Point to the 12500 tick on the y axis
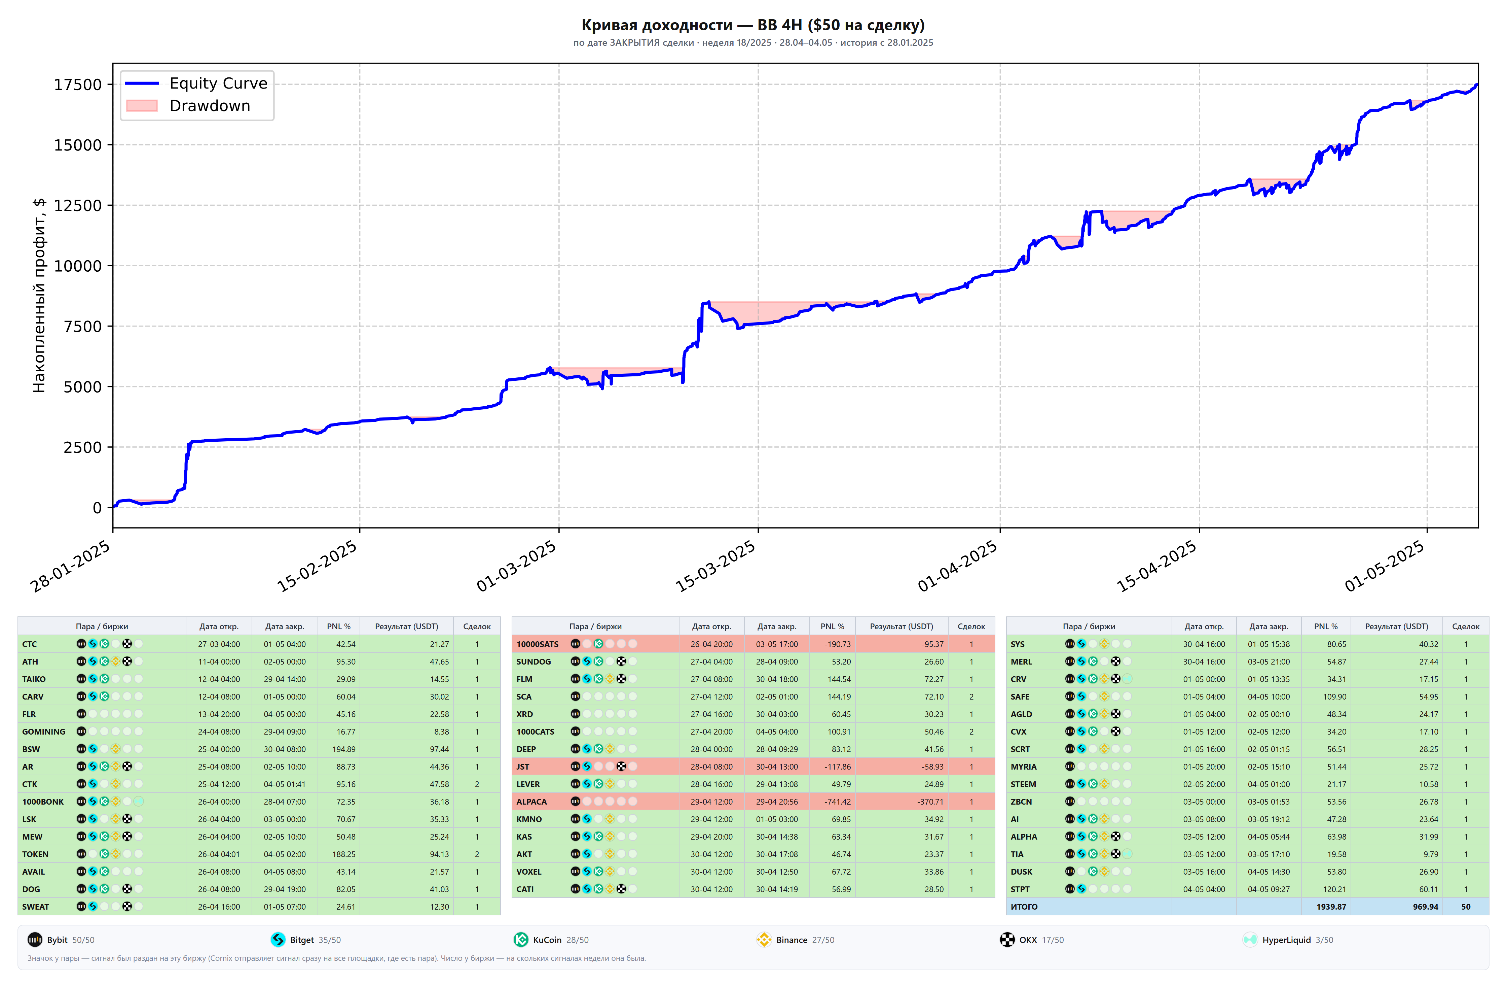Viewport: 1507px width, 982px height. click(78, 205)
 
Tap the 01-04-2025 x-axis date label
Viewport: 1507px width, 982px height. click(957, 566)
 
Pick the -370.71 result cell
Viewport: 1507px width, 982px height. click(930, 802)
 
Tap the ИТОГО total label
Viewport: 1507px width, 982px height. click(1024, 907)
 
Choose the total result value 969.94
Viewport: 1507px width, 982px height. click(1425, 907)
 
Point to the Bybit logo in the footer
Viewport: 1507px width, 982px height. click(35, 940)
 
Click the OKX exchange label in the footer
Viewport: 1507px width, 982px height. click(1028, 940)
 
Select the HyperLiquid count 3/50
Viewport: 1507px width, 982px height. click(1324, 940)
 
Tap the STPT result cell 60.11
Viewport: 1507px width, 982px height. click(1429, 889)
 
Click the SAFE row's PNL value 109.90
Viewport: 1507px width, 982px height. click(1335, 696)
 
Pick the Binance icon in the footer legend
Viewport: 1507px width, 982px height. click(764, 940)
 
